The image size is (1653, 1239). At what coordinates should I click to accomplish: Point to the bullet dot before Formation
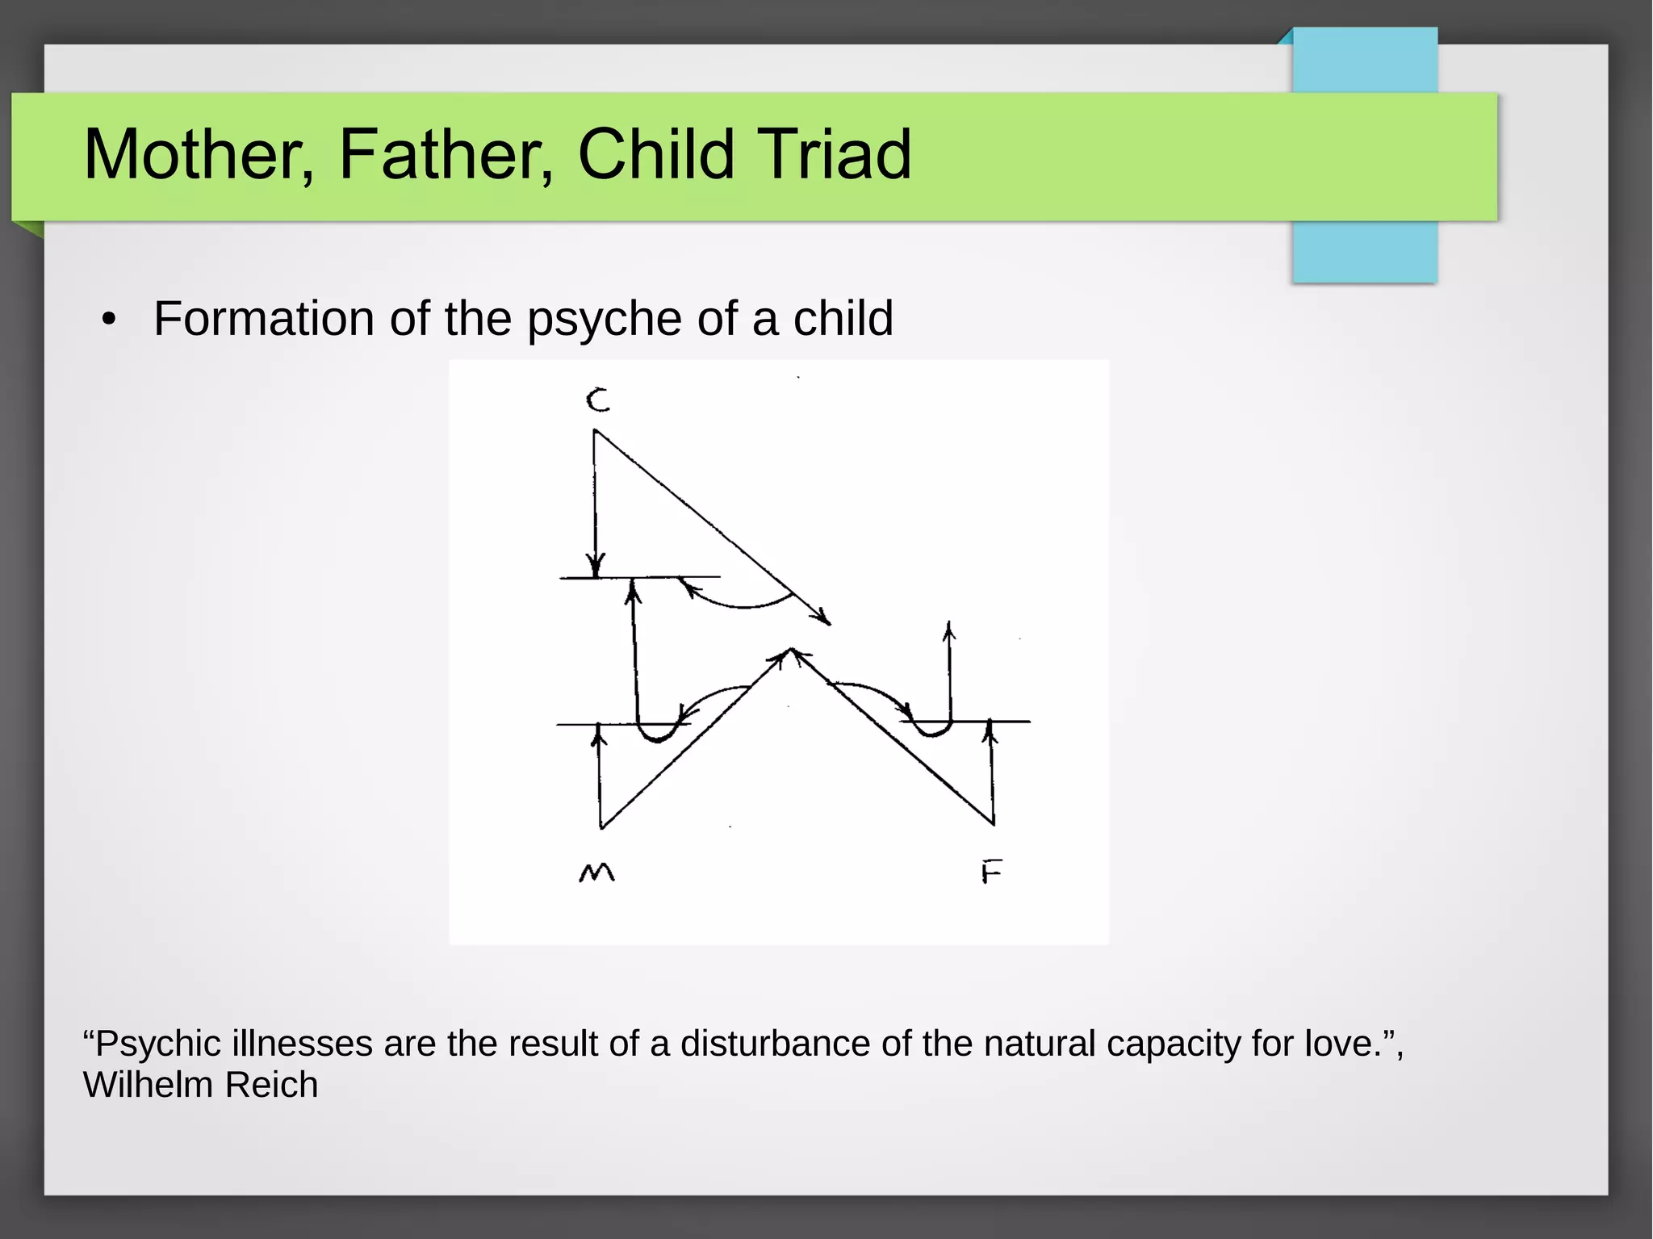(x=109, y=320)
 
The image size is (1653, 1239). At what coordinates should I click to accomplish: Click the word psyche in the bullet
(x=605, y=320)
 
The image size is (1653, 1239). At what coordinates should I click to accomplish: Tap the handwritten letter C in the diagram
(x=598, y=400)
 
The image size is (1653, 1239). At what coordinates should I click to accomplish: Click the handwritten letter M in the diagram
(x=597, y=873)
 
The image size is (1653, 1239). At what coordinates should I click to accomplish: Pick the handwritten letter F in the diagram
(x=991, y=873)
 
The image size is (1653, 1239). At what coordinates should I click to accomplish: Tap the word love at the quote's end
(x=1340, y=1044)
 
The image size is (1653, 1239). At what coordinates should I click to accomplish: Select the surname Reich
(x=271, y=1085)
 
